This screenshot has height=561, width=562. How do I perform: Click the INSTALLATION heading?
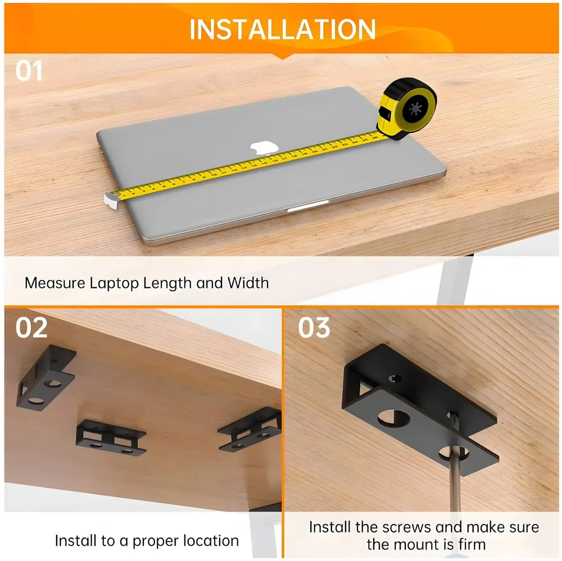coord(282,29)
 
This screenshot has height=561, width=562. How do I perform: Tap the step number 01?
coord(29,71)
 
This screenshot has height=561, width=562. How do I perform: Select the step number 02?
coord(31,328)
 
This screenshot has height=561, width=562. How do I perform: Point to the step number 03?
coord(314,328)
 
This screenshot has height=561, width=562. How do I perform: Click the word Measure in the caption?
coord(55,282)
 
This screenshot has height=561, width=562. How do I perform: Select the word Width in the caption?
coord(248,282)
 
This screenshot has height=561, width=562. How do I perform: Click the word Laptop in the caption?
coord(115,282)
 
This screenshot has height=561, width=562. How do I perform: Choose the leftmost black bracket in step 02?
coord(46,377)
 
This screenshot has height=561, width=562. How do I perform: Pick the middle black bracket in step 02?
coord(110,437)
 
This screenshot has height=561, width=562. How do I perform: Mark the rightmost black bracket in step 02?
coord(251,430)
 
